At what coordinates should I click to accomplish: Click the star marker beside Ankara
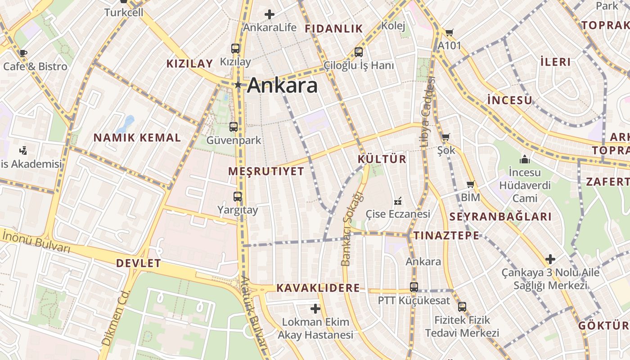tap(238, 85)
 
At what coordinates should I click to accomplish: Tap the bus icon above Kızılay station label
tap(235, 49)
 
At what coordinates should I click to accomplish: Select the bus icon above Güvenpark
tap(233, 127)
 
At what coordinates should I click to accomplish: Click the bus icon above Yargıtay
tap(237, 197)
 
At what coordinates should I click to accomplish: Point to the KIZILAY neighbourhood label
tap(189, 63)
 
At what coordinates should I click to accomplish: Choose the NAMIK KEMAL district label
tap(137, 138)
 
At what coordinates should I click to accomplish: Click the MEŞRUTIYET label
tap(266, 171)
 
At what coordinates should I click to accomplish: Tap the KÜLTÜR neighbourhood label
tap(382, 159)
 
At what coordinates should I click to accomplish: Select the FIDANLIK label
tap(334, 29)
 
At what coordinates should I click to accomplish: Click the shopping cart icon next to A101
tap(449, 32)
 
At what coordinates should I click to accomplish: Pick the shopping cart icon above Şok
tap(445, 137)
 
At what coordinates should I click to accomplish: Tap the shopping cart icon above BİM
tap(471, 184)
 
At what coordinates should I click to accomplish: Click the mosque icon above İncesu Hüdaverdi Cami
tap(524, 159)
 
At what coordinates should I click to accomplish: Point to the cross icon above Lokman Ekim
tap(315, 309)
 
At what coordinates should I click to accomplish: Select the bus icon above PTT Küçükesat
tap(414, 287)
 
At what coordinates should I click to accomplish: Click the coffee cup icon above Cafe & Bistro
tap(23, 53)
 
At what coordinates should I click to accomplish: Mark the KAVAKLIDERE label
tap(318, 288)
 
